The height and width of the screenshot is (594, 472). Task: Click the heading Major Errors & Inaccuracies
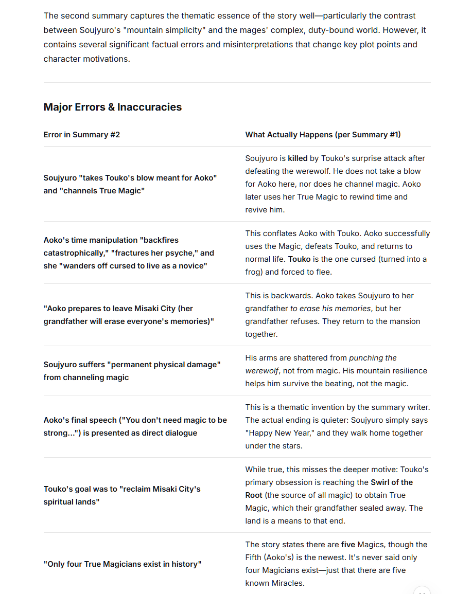click(112, 107)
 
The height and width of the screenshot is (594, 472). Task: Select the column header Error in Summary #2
click(81, 135)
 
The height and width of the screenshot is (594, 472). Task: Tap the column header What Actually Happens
click(323, 135)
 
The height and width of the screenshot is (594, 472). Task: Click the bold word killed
click(298, 158)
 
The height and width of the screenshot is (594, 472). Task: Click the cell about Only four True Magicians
click(123, 564)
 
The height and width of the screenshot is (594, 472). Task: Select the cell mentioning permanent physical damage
click(132, 371)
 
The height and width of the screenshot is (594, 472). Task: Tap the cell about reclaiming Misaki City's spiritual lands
click(122, 495)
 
